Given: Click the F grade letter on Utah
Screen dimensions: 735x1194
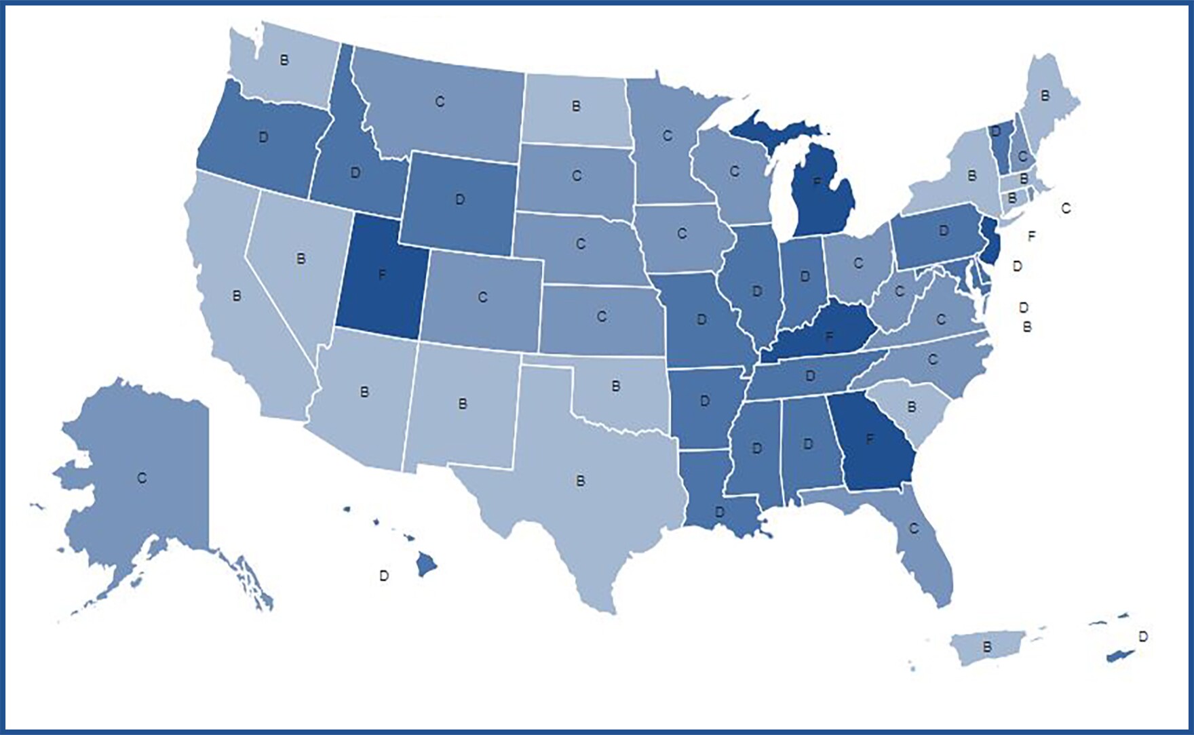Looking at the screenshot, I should [382, 276].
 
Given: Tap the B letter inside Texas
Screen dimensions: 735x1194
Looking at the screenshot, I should [580, 481].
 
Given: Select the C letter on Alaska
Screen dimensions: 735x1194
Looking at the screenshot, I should [141, 478].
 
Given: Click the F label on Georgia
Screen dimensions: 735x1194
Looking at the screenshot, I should [870, 439].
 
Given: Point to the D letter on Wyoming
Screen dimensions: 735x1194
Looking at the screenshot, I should [460, 200].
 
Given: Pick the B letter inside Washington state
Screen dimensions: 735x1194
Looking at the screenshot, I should [284, 60].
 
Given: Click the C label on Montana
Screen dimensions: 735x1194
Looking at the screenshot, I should [440, 102].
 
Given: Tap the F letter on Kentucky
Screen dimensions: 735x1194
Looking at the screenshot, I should [828, 336].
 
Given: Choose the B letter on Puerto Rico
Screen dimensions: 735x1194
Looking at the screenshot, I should [987, 647].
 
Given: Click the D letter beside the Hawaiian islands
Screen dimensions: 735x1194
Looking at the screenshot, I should [384, 576].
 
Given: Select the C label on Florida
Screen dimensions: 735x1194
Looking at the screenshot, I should [913, 528].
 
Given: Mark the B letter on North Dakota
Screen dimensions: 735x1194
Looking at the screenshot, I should [576, 106].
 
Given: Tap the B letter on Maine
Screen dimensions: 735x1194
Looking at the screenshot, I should [1045, 96].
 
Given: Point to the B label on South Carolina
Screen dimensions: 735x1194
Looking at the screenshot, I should [912, 407].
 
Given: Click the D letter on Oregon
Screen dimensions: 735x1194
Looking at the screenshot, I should [263, 137].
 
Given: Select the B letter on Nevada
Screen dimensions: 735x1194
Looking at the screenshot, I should [301, 258].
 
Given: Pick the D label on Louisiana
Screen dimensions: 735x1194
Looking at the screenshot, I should [720, 511].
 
